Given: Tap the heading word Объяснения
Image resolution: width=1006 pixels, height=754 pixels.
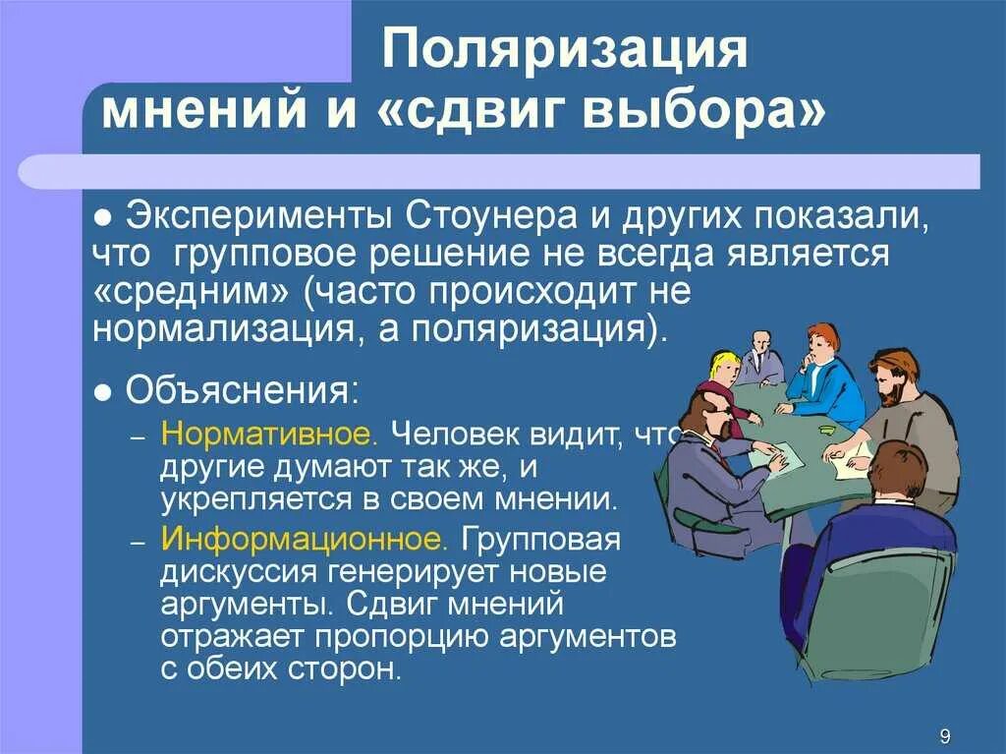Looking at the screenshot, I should pyautogui.click(x=238, y=393).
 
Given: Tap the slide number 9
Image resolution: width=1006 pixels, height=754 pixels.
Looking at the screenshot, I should pyautogui.click(x=944, y=736).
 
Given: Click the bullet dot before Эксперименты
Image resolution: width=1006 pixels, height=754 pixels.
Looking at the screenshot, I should pyautogui.click(x=102, y=216).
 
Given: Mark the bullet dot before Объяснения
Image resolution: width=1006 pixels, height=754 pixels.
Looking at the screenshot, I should pyautogui.click(x=102, y=394).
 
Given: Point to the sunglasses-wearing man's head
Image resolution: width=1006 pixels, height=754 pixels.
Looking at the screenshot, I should pyautogui.click(x=707, y=410).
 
